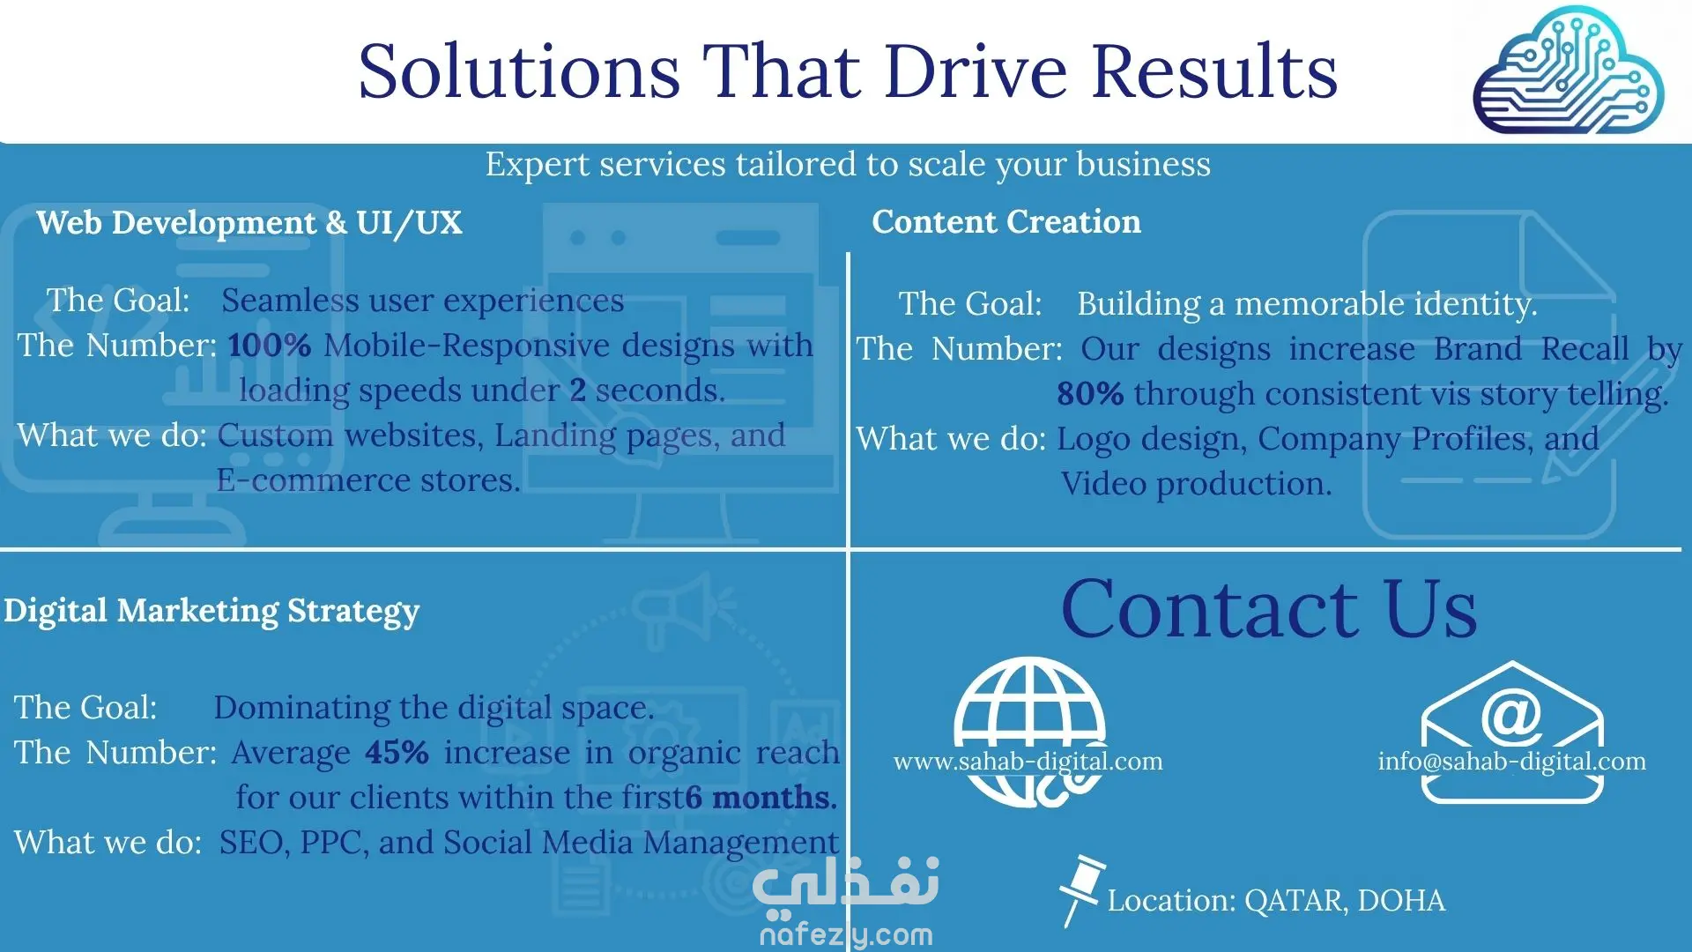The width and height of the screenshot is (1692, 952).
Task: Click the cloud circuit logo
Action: (x=1569, y=71)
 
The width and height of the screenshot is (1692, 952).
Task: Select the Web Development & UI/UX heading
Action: (x=249, y=223)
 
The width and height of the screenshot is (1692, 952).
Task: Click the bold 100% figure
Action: (x=270, y=345)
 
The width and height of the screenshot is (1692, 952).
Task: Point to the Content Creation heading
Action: (x=1006, y=222)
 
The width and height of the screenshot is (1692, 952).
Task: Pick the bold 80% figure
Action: (x=1090, y=393)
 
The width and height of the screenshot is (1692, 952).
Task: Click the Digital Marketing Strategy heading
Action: (x=211, y=611)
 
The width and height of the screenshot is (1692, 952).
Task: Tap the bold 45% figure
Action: (x=397, y=752)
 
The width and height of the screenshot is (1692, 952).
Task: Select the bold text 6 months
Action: (x=761, y=797)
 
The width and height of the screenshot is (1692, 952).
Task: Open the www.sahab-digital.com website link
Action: (x=1028, y=761)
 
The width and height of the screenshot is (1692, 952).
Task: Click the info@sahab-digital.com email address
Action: (x=1512, y=761)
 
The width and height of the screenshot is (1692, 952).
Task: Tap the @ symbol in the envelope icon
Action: (x=1511, y=717)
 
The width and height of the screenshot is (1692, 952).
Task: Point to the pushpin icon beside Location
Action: (x=1080, y=889)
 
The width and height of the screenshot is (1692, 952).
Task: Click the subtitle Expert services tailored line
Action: (x=848, y=164)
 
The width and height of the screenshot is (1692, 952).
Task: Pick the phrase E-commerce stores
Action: (x=368, y=480)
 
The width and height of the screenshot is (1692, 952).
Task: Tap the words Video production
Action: (x=1196, y=484)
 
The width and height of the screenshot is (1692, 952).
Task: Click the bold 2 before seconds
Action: (x=578, y=390)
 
